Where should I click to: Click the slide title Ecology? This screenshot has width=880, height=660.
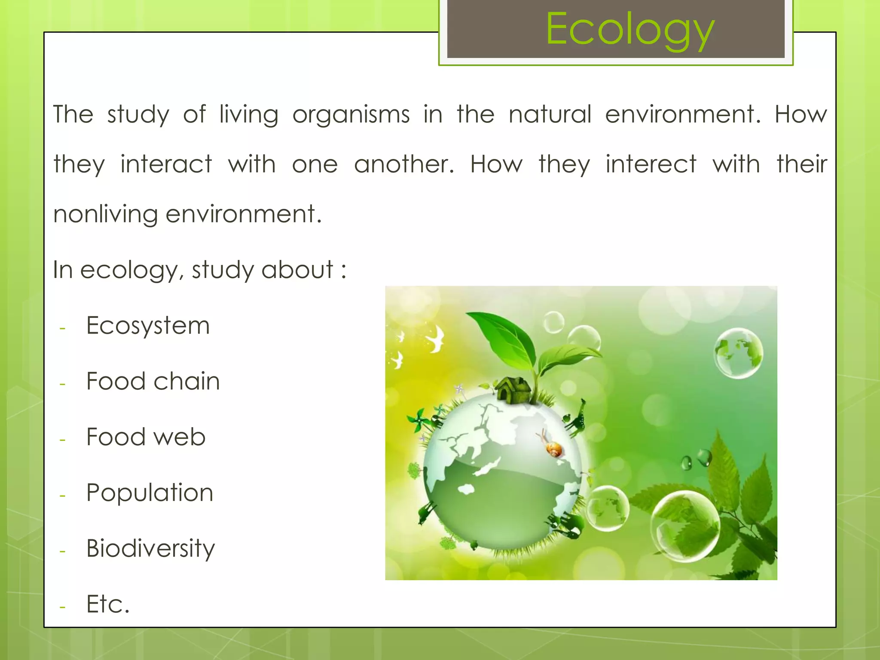pos(629,29)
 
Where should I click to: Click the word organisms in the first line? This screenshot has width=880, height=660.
pos(351,115)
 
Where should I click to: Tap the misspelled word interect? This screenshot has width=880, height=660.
pos(651,165)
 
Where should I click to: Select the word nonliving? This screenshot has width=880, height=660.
pos(105,214)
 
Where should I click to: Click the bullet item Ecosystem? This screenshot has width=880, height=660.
pos(148,326)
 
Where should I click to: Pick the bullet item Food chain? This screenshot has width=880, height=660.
pos(153,381)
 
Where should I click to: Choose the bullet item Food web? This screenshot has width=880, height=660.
pos(146,437)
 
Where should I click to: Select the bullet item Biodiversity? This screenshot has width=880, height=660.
pos(150,549)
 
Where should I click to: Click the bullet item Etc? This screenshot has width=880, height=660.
pos(108,604)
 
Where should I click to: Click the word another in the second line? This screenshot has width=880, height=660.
pos(403,165)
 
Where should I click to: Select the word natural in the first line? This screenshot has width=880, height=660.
pos(550,115)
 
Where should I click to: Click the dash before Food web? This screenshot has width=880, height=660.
pos(63,440)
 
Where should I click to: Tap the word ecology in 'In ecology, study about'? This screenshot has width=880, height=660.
pos(132,270)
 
